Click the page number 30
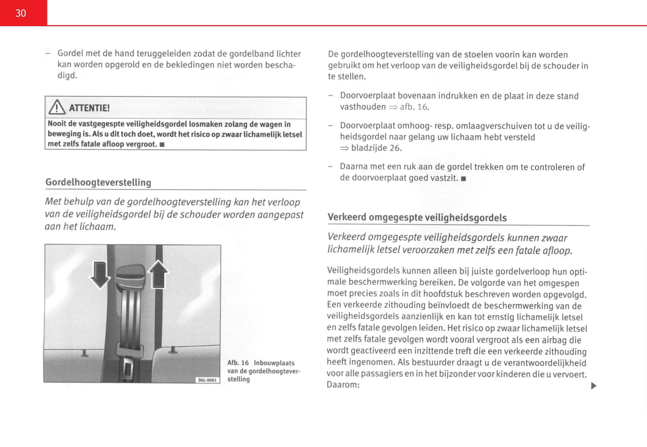[21, 13]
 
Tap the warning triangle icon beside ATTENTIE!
[57, 107]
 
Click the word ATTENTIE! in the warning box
[89, 108]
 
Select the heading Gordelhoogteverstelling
[98, 182]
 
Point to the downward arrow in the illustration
[100, 275]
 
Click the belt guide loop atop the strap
[130, 275]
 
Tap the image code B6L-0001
[208, 380]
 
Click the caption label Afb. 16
[238, 363]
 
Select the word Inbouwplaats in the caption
[274, 363]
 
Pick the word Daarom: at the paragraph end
[343, 385]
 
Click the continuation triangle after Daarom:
[594, 386]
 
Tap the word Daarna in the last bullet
[354, 167]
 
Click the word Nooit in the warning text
[57, 124]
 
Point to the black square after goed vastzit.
[463, 179]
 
